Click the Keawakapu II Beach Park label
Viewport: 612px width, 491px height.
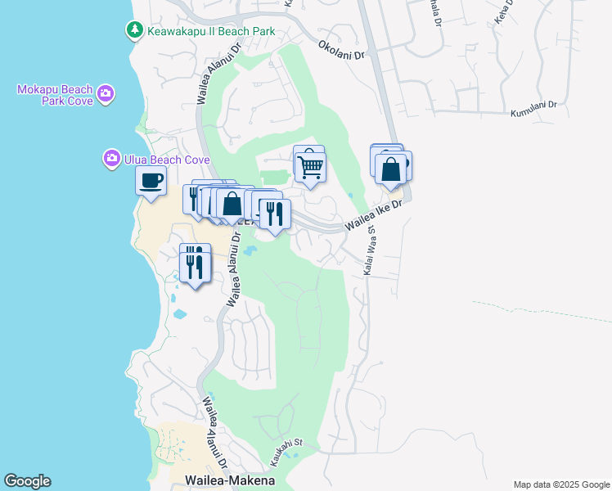[210, 31]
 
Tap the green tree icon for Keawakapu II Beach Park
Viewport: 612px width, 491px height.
[134, 30]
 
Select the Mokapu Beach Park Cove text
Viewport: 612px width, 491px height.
[54, 95]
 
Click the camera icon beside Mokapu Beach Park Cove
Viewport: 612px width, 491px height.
[106, 94]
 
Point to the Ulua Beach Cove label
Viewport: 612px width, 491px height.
[167, 160]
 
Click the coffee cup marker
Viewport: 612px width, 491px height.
[151, 181]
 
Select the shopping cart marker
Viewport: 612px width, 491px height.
[310, 167]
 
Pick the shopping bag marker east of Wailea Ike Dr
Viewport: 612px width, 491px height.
[392, 169]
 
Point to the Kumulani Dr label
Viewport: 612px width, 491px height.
[533, 109]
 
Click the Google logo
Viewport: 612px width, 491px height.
[27, 481]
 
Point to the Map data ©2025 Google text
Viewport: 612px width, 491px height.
[560, 484]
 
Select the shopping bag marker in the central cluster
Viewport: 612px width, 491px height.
[232, 203]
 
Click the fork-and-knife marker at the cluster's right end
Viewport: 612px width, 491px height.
[275, 214]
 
